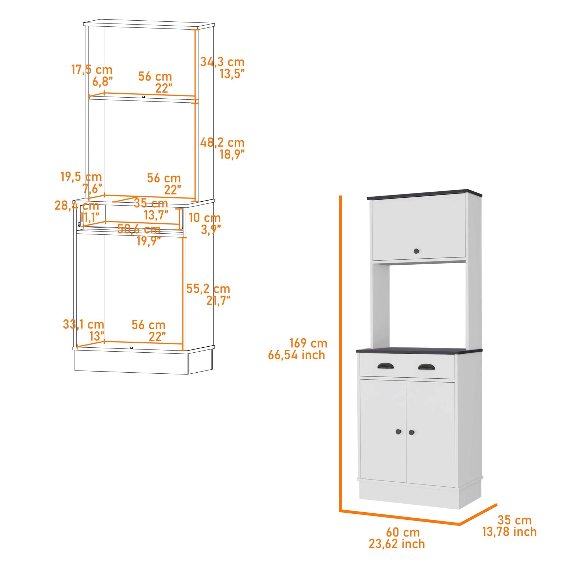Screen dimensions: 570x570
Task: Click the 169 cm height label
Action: pyautogui.click(x=308, y=343)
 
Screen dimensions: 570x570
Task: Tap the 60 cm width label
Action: pyautogui.click(x=403, y=532)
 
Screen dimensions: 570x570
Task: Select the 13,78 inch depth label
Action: pyautogui.click(x=509, y=532)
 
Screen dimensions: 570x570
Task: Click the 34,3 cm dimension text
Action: pyautogui.click(x=222, y=62)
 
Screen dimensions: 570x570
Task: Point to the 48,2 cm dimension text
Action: pyautogui.click(x=222, y=142)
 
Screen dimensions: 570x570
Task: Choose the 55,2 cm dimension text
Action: pyautogui.click(x=208, y=289)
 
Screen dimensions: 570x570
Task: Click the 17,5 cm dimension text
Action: pyautogui.click(x=92, y=69)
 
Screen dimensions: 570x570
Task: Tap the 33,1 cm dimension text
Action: pyautogui.click(x=83, y=324)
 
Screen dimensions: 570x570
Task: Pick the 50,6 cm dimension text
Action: pyautogui.click(x=139, y=229)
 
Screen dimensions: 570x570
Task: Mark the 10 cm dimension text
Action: pyautogui.click(x=204, y=217)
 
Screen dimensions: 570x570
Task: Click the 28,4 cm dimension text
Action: pyautogui.click(x=77, y=206)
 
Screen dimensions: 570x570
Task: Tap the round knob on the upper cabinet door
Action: pyautogui.click(x=416, y=251)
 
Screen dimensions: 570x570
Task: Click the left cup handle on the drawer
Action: pyautogui.click(x=385, y=366)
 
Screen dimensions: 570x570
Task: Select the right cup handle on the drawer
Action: pyautogui.click(x=426, y=367)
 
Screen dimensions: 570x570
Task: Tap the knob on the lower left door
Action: pyautogui.click(x=399, y=432)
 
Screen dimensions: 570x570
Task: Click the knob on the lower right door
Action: pyautogui.click(x=412, y=432)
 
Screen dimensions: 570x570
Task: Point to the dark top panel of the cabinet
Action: pyautogui.click(x=424, y=194)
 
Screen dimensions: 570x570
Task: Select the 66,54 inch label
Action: pyautogui.click(x=296, y=355)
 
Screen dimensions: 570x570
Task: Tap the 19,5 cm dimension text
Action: pyautogui.click(x=81, y=176)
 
